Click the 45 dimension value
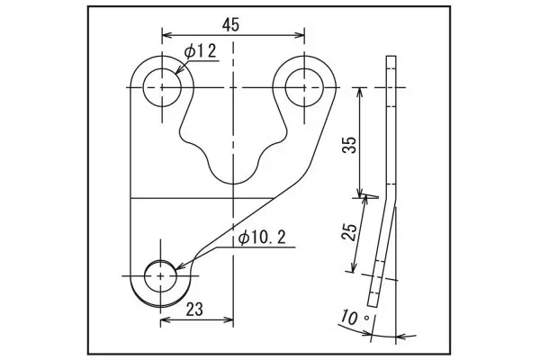[230, 25]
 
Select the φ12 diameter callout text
[200, 51]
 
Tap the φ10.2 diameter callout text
[262, 238]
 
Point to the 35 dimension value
[350, 145]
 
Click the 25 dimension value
[349, 232]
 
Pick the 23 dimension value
[194, 310]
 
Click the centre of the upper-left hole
[162, 87]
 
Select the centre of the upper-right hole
[304, 87]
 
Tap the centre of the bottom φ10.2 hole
[160, 276]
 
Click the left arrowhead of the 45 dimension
[166, 35]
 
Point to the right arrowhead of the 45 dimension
[300, 35]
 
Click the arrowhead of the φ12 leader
[178, 70]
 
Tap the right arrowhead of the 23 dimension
[229, 320]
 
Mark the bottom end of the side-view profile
[373, 306]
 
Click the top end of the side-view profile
[391, 56]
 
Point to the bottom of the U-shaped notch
[233, 184]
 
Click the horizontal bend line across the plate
[202, 198]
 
